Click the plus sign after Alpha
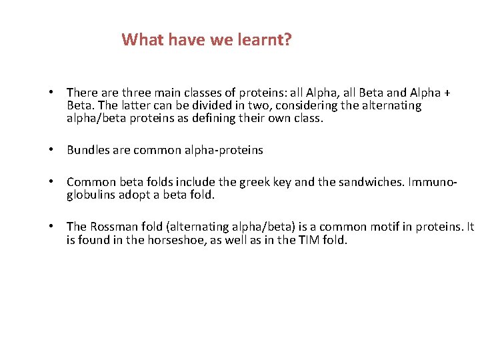(x=447, y=93)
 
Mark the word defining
(x=226, y=118)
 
